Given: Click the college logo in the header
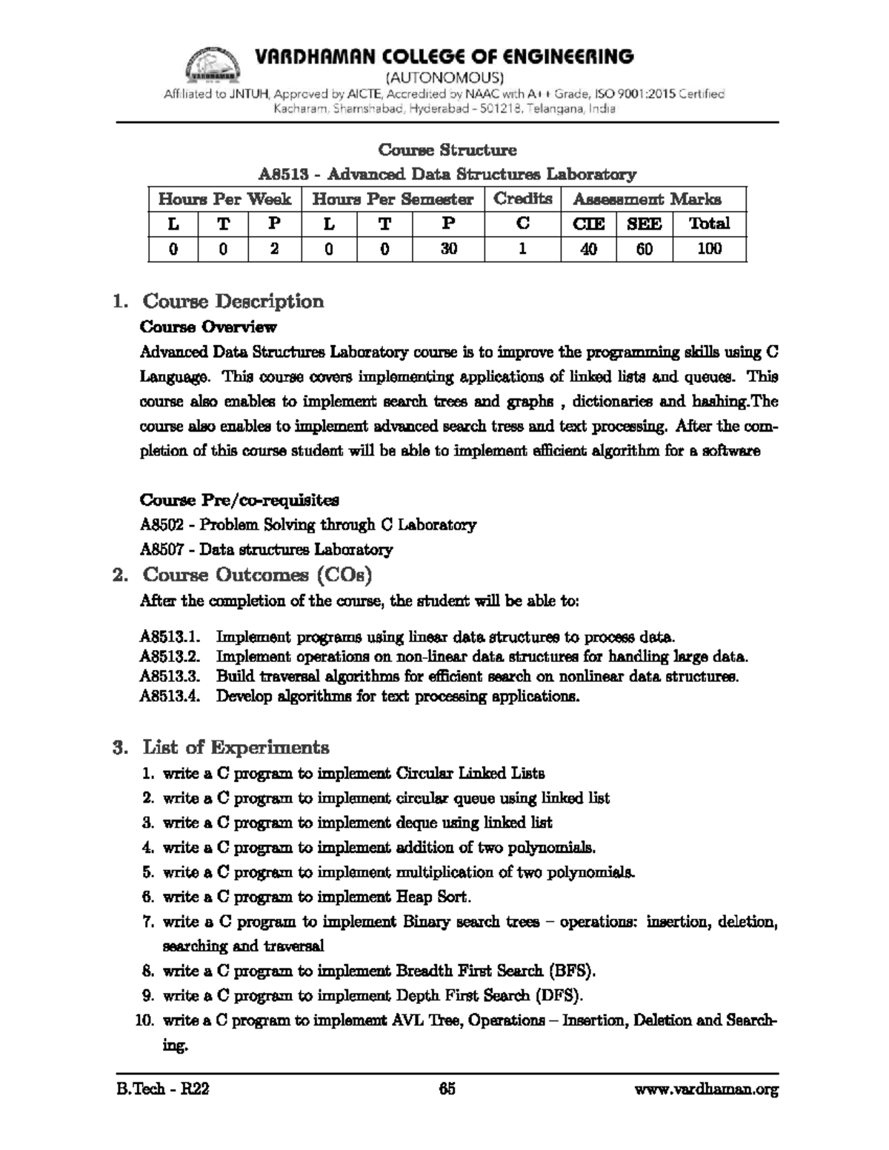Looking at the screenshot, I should point(212,65).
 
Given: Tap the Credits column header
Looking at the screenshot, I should point(523,198).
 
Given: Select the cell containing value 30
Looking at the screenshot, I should point(448,249).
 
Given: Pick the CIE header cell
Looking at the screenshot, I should point(589,224).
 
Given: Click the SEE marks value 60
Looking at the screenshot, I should point(645,249).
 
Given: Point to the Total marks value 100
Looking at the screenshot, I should point(709,249).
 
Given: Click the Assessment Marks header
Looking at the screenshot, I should point(647,199).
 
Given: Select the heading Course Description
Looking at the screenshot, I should point(233,301).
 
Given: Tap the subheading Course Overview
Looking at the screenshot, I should point(208,327).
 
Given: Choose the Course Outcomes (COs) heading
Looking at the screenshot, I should point(256,575).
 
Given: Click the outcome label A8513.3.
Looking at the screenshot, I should point(170,676).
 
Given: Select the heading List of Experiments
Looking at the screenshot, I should point(236,746).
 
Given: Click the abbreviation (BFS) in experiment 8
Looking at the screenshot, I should point(571,971).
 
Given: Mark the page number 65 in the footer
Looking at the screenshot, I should point(447,1089).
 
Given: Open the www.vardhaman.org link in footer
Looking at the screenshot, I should point(707,1089).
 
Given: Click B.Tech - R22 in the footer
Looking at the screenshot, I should point(162,1089).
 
